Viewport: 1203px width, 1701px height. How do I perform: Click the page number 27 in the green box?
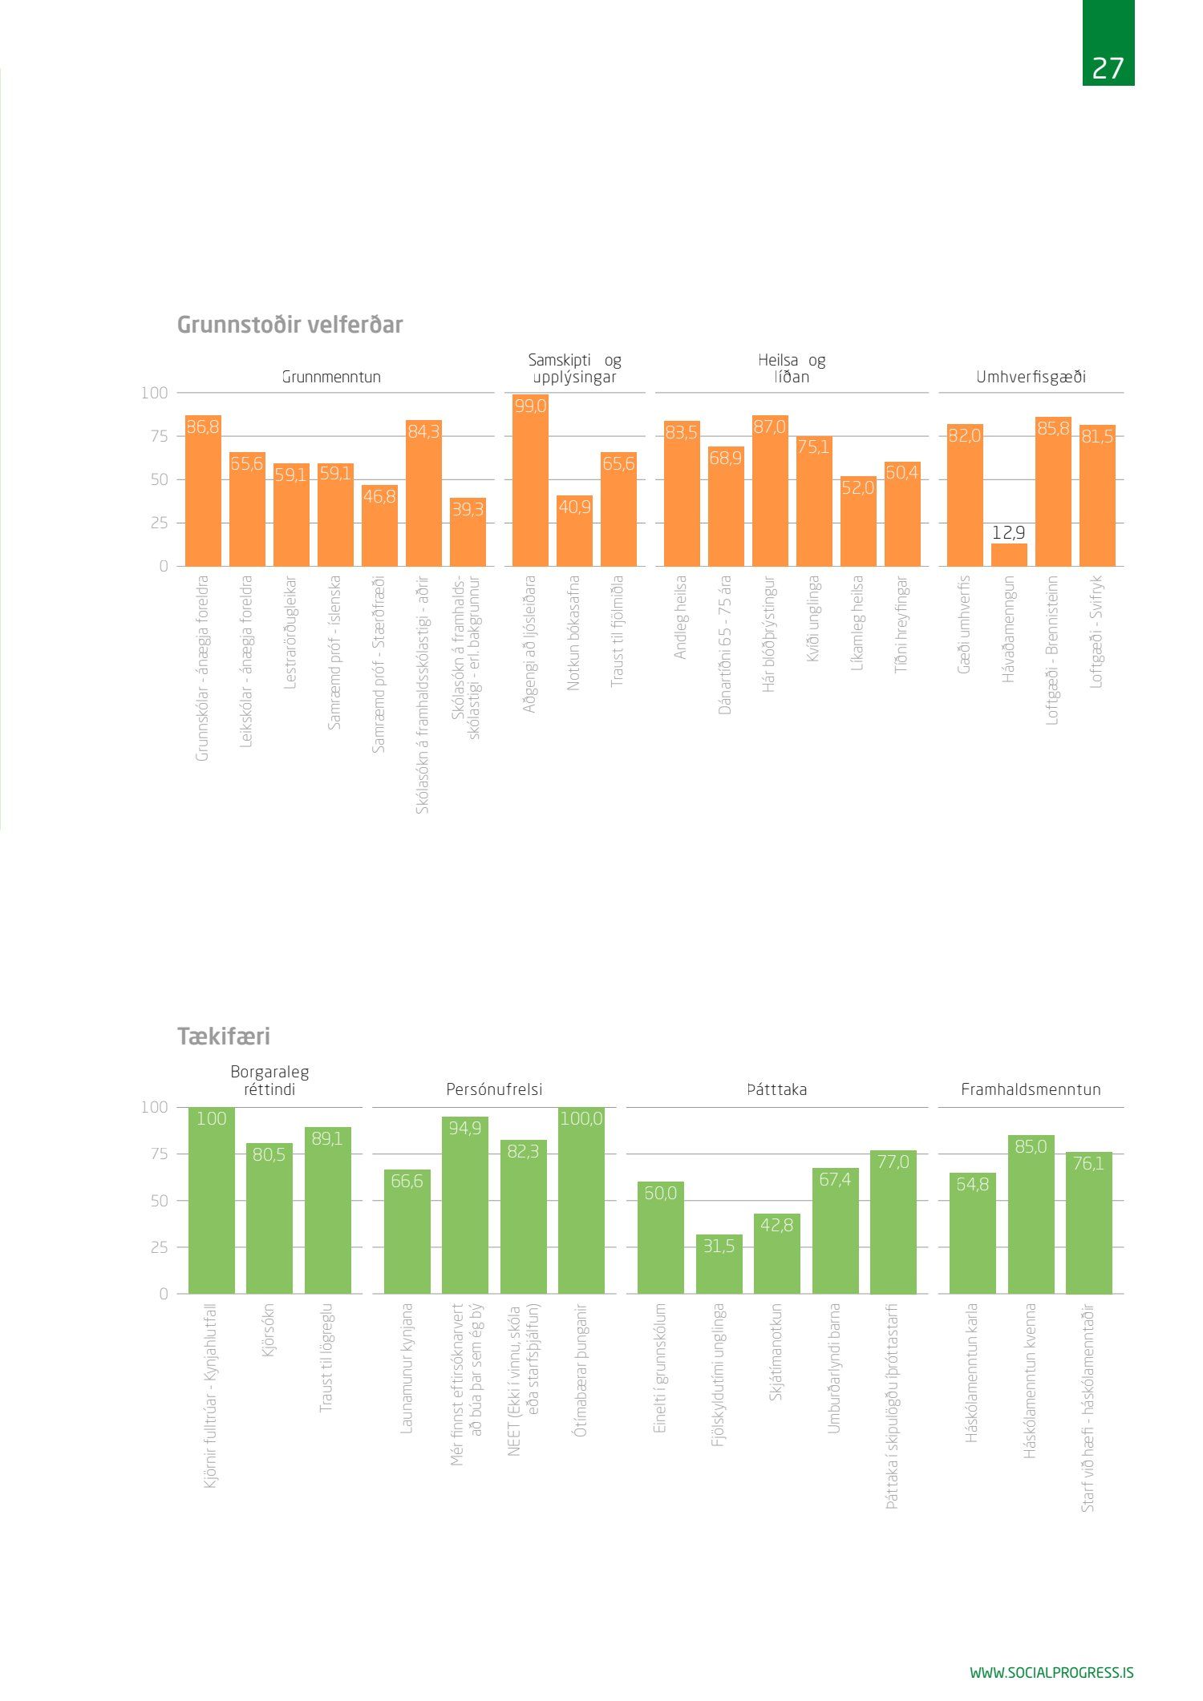[x=1108, y=68]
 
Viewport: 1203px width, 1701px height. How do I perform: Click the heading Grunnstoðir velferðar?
[x=290, y=325]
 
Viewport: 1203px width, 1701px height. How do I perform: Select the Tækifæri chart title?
[x=224, y=1036]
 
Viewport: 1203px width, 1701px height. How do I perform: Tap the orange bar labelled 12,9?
[x=1008, y=555]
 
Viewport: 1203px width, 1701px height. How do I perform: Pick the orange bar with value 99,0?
[x=530, y=481]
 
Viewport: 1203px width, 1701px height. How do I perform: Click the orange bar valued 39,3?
[x=468, y=533]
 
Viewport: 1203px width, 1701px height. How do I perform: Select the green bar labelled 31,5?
[x=719, y=1264]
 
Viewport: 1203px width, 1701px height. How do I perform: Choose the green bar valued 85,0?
[x=1031, y=1214]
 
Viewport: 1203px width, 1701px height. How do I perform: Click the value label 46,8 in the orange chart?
[x=379, y=497]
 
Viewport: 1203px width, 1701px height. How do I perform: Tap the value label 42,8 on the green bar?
[x=776, y=1225]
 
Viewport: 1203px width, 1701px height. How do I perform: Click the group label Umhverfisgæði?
[x=1031, y=377]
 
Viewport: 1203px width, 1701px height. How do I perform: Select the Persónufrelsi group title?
[x=494, y=1089]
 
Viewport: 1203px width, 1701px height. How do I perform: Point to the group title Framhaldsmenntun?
[x=1031, y=1089]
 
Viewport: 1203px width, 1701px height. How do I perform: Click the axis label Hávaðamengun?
[x=1009, y=629]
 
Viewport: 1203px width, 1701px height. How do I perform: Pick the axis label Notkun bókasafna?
[x=573, y=632]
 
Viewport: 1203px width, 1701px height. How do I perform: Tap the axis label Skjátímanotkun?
[x=776, y=1352]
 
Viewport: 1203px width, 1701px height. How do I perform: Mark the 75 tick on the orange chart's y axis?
[x=157, y=436]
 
